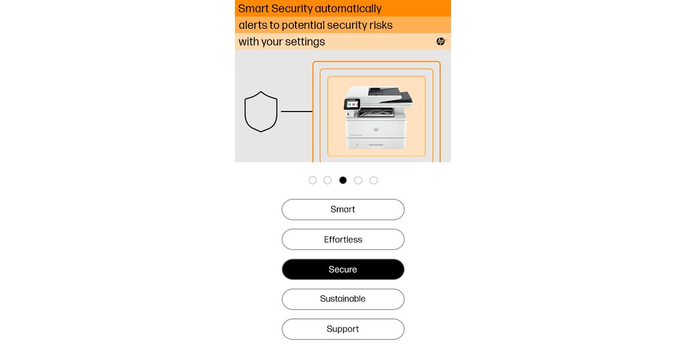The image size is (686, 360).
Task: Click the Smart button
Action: (343, 209)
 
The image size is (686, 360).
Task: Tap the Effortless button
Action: (343, 239)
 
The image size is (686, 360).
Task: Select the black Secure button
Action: (343, 269)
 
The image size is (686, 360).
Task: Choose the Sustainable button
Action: (343, 299)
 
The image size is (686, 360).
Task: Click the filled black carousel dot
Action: (343, 181)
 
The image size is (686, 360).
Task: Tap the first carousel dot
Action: (313, 181)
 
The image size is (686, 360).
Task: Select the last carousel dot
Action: (374, 181)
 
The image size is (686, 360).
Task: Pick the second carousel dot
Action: (328, 181)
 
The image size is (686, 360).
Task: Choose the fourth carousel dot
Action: (358, 181)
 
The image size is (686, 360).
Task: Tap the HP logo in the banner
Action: (441, 41)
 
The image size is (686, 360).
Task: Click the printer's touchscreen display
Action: (352, 105)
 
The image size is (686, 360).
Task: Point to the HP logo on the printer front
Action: (376, 130)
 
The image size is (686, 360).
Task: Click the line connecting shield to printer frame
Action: (297, 111)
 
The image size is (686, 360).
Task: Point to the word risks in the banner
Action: (381, 25)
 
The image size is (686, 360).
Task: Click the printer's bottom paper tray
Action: (376, 143)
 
